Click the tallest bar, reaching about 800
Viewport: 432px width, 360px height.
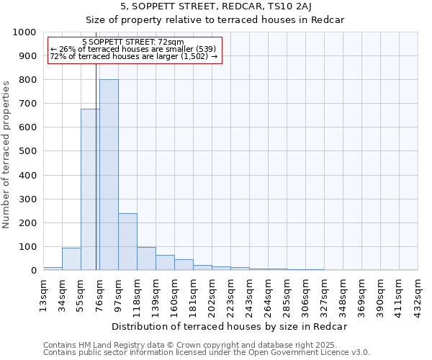(x=109, y=175)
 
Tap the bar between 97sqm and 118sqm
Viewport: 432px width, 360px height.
(x=127, y=242)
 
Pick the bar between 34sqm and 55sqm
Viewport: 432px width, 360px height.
(x=71, y=259)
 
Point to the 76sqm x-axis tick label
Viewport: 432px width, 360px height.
(x=99, y=292)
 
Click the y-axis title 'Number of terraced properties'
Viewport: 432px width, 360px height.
(x=6, y=154)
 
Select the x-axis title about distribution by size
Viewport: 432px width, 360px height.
(x=230, y=326)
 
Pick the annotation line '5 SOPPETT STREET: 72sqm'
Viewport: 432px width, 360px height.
(x=133, y=42)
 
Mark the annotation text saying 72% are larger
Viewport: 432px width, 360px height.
(x=133, y=56)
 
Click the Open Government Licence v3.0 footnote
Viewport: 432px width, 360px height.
(x=206, y=353)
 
